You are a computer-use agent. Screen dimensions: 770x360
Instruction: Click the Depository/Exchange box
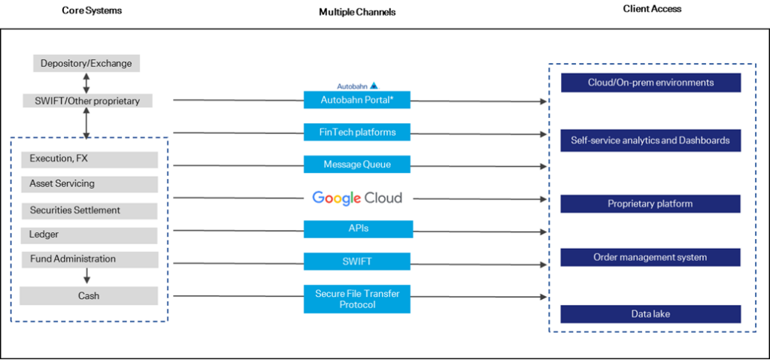[86, 63]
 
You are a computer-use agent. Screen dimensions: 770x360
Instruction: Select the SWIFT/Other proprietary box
[87, 101]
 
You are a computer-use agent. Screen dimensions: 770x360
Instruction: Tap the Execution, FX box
[89, 159]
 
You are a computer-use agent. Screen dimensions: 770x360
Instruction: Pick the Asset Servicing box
[89, 184]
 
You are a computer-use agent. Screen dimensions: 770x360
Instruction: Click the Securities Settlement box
[89, 210]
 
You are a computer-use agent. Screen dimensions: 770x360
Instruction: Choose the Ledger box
[89, 235]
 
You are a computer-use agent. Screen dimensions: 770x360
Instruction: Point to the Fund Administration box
[89, 259]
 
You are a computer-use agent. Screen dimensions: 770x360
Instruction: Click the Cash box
[89, 296]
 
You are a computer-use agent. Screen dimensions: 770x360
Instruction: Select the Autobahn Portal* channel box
[357, 100]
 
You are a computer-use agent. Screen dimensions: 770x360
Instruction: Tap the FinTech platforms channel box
[357, 132]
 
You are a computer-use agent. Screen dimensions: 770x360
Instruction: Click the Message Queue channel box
[357, 165]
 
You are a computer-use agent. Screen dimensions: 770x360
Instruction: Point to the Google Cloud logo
[357, 198]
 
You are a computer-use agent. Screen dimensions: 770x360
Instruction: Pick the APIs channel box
[359, 229]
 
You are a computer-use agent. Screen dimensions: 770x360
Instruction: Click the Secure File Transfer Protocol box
[357, 299]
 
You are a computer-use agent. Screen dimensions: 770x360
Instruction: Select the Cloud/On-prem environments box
[650, 83]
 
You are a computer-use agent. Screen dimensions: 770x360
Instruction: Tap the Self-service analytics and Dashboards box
[650, 141]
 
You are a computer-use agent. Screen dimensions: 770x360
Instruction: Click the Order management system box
[650, 257]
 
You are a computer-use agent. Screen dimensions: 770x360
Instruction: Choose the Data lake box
[650, 314]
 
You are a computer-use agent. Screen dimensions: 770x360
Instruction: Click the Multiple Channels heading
[357, 12]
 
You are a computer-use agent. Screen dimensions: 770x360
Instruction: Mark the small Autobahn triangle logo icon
[374, 86]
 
